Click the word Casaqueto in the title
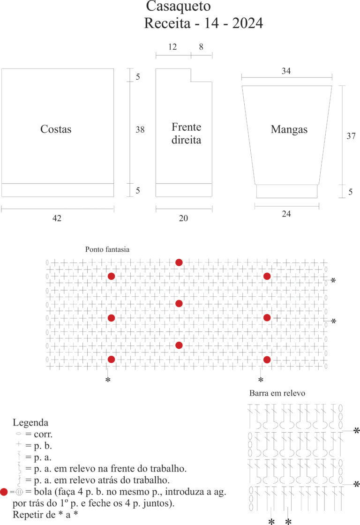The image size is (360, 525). (178, 6)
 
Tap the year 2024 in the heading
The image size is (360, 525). (247, 23)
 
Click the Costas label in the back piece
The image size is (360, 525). (56, 129)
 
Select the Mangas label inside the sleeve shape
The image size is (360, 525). (289, 129)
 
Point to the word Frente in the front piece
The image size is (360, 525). (186, 127)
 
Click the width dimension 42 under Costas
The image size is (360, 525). (57, 218)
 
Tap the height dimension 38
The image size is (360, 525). (140, 129)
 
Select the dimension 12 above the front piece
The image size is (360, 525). (172, 47)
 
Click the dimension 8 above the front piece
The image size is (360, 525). (201, 47)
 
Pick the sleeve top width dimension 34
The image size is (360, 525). (286, 71)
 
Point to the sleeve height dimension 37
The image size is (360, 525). (351, 136)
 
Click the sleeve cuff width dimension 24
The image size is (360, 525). (286, 214)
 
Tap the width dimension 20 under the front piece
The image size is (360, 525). (183, 218)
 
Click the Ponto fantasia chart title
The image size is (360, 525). (107, 249)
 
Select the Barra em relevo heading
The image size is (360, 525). (277, 393)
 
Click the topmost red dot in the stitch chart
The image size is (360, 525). (179, 262)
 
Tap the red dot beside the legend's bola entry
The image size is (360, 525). (4, 492)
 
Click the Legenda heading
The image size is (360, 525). (30, 422)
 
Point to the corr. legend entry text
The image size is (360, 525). (43, 435)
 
